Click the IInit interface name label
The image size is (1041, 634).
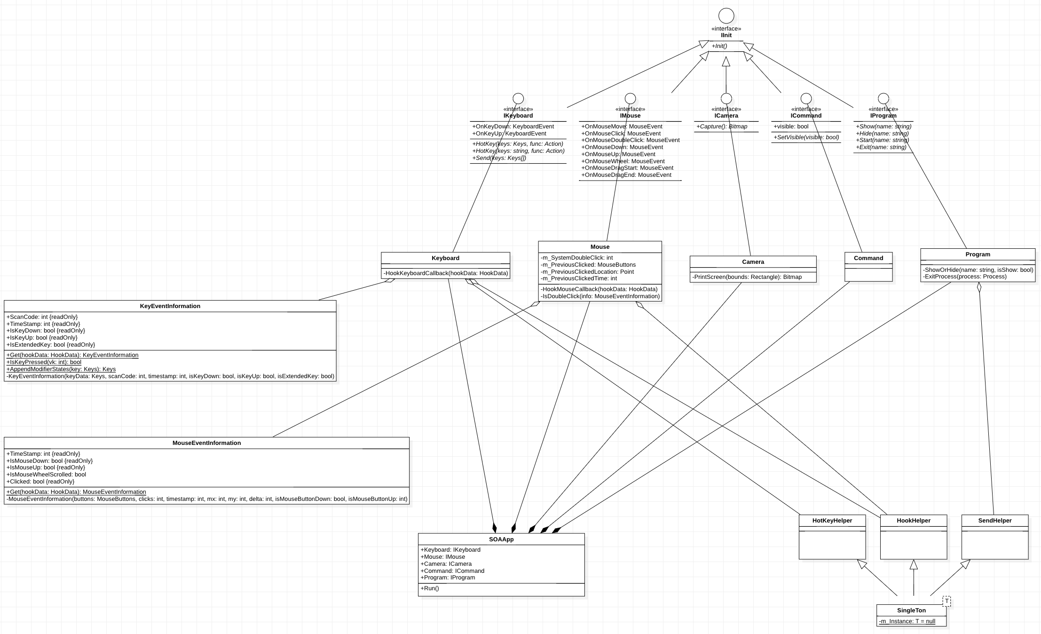[x=726, y=35]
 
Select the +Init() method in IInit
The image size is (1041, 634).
[x=719, y=46]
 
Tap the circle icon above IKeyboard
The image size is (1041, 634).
[x=518, y=98]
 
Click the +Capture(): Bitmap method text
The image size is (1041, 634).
[x=722, y=127]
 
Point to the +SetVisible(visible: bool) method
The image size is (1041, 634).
[x=806, y=137]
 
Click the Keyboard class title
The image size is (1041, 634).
[x=445, y=258]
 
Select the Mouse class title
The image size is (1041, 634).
[x=599, y=247]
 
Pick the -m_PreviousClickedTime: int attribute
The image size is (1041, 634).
[x=578, y=278]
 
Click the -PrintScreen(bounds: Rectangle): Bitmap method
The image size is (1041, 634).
[x=747, y=277]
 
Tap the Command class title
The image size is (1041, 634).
[x=868, y=258]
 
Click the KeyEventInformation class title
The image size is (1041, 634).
[x=170, y=306]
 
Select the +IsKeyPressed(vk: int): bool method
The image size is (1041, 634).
[x=44, y=362]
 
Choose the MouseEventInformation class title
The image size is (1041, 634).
[x=206, y=443]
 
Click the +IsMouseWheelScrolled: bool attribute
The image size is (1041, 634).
[x=46, y=475]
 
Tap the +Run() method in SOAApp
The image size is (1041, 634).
[x=430, y=588]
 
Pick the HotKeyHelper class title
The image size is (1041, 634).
[x=832, y=521]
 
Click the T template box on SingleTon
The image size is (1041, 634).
[x=946, y=601]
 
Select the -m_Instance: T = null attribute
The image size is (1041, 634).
[x=907, y=621]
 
